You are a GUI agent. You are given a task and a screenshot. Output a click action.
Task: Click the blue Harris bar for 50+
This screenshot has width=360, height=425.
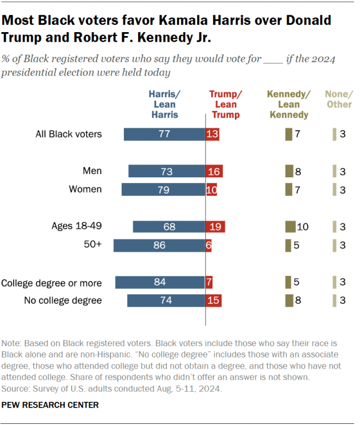159,245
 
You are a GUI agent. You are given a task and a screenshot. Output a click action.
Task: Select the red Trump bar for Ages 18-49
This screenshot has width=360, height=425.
215,226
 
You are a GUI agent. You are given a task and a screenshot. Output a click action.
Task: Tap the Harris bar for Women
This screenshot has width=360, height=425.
163,190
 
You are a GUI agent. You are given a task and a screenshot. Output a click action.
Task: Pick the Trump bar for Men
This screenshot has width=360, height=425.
214,171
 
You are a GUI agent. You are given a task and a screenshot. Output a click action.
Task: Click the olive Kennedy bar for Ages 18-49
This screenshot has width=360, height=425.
291,227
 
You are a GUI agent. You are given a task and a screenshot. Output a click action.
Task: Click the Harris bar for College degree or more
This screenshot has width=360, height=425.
160,281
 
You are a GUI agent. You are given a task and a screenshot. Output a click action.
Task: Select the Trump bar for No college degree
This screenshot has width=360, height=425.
214,301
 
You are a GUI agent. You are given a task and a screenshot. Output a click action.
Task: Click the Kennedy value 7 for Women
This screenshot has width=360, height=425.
298,190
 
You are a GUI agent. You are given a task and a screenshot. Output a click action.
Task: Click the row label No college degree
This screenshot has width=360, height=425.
63,301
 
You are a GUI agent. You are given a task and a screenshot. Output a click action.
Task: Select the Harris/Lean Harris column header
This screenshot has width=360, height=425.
163,104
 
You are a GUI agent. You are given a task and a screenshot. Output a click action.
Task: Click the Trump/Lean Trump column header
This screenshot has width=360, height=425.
225,104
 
